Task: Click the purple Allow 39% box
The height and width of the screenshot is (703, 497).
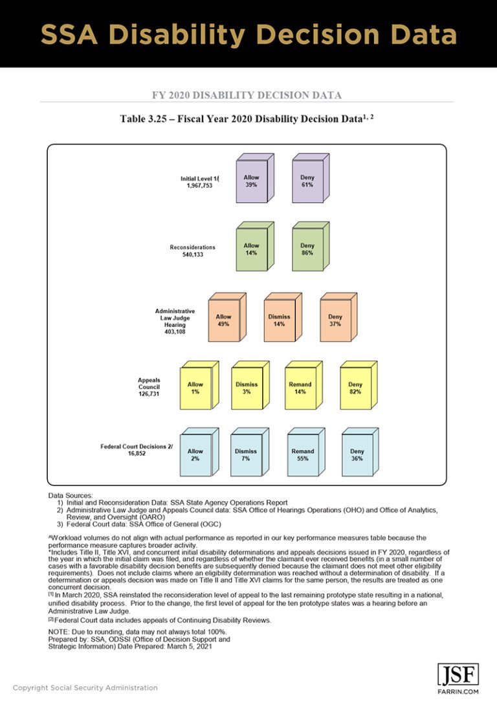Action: (x=252, y=181)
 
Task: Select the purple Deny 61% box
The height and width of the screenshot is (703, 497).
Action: (x=307, y=181)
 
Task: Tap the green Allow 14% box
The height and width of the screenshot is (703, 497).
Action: (x=252, y=249)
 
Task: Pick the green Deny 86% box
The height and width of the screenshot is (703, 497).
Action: (x=307, y=249)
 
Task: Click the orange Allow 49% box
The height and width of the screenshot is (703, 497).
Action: (x=224, y=320)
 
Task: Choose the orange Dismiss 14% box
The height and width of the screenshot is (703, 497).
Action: (x=280, y=320)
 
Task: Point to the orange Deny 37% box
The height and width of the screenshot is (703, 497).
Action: (x=335, y=320)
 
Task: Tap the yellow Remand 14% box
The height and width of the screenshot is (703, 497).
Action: (x=300, y=388)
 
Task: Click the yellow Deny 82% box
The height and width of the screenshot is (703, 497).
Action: (x=355, y=388)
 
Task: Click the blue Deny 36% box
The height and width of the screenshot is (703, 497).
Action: (x=357, y=455)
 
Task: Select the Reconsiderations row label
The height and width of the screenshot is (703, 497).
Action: (x=193, y=247)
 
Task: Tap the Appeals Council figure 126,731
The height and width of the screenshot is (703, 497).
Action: (x=149, y=393)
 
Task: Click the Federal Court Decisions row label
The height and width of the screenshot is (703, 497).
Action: (x=137, y=447)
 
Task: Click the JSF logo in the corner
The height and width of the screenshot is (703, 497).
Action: (x=458, y=675)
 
